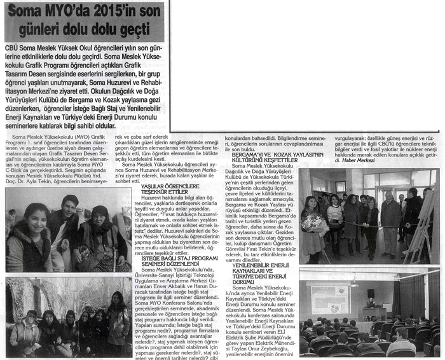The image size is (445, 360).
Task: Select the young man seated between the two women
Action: click(x=66, y=223)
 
